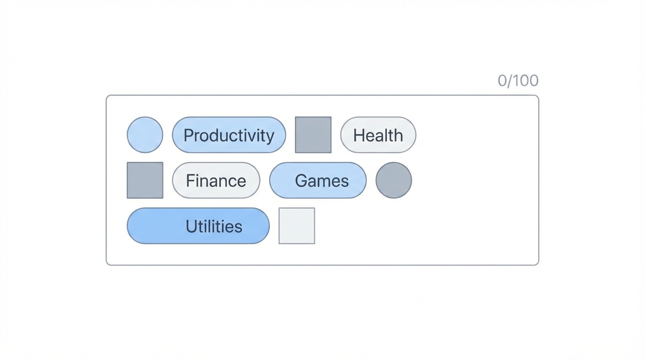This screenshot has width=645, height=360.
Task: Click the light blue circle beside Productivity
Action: point(145,135)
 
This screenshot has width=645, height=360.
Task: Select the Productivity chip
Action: point(229,135)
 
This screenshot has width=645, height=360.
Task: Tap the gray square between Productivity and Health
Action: point(313,135)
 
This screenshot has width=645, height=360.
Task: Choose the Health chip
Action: point(378,135)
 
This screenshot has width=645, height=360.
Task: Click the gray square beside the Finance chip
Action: point(145,180)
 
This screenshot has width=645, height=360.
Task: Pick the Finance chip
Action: point(216,180)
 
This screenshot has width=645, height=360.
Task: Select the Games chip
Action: point(318,180)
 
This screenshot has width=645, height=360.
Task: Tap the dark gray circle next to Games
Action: point(394,180)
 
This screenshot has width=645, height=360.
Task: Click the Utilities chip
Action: point(198,226)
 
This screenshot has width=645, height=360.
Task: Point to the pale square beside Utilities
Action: point(297,226)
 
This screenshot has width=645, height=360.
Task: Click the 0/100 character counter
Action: point(518,81)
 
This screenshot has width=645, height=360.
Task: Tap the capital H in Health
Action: point(359,135)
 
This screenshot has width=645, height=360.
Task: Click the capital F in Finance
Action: point(190,181)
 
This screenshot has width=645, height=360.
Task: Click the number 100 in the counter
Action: point(525,81)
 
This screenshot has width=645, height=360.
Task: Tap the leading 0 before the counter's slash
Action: point(502,81)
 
